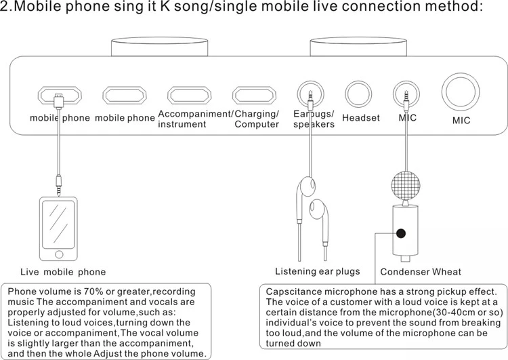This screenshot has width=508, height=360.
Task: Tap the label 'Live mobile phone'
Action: (63, 272)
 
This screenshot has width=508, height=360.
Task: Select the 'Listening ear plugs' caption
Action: (318, 271)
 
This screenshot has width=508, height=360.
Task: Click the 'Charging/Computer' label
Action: (257, 119)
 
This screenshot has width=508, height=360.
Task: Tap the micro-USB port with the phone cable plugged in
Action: (58, 94)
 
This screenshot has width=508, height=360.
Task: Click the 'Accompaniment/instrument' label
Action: (195, 119)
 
